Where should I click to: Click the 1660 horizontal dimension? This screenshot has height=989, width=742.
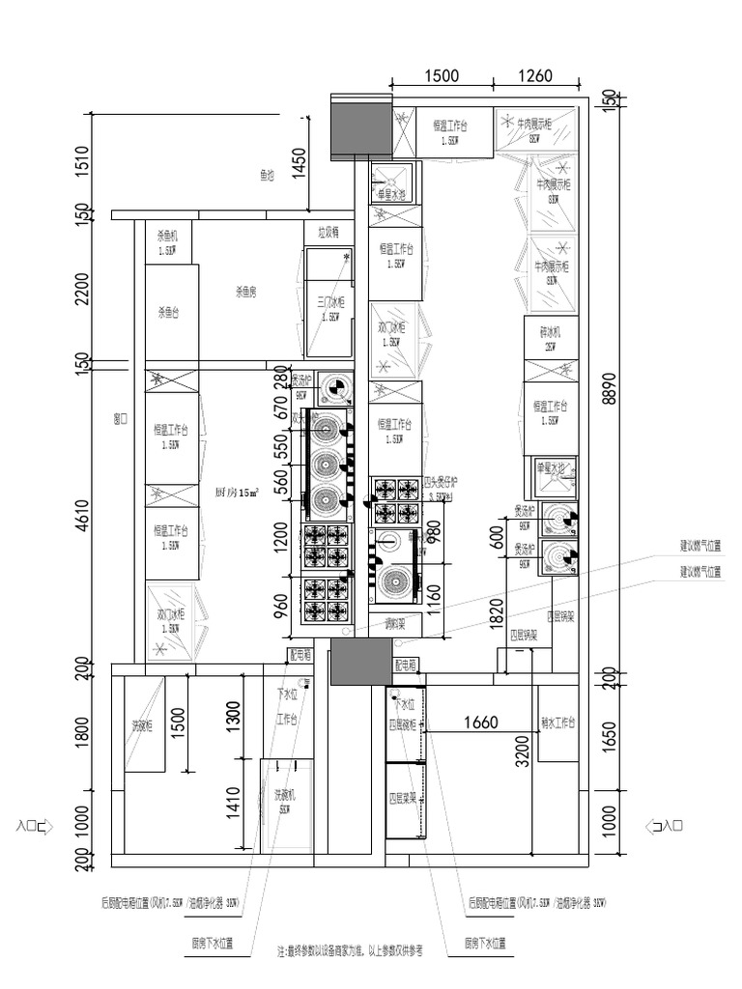479,721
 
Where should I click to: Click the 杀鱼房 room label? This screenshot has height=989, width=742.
245,290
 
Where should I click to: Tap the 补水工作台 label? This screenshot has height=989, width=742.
557,721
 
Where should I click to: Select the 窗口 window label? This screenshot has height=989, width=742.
121,419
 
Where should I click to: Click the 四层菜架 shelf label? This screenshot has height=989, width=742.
402,799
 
